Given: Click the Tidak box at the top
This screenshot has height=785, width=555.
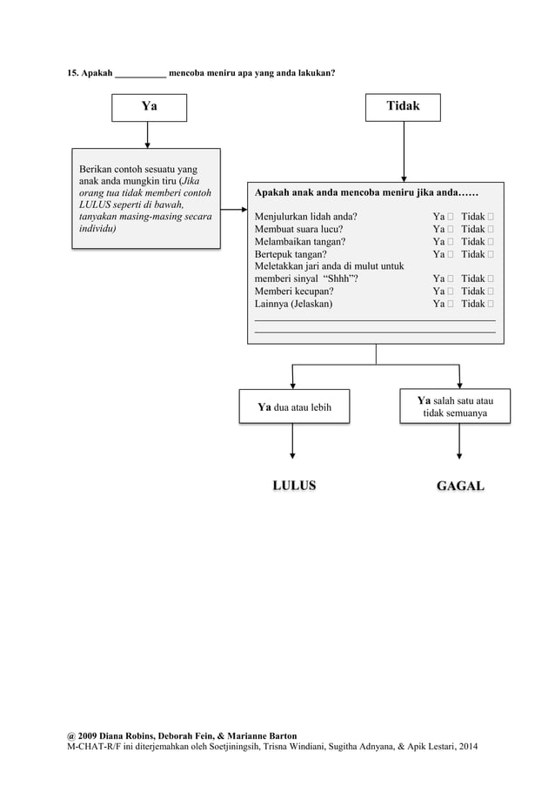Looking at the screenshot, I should (403, 106).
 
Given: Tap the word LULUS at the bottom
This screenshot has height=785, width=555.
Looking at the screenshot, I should (293, 486).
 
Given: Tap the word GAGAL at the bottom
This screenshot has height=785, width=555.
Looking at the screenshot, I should (460, 486).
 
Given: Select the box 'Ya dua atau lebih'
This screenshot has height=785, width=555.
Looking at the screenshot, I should (294, 406).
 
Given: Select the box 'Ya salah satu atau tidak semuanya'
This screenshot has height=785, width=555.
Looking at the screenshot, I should (455, 406).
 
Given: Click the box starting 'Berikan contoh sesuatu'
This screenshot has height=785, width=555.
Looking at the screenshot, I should (145, 198).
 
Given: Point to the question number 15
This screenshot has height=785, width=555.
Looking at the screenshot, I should (74, 72).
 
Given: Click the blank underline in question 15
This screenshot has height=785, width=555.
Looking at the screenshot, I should (140, 73).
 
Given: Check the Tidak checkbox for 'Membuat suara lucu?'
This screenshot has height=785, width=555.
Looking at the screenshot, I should (491, 230).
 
